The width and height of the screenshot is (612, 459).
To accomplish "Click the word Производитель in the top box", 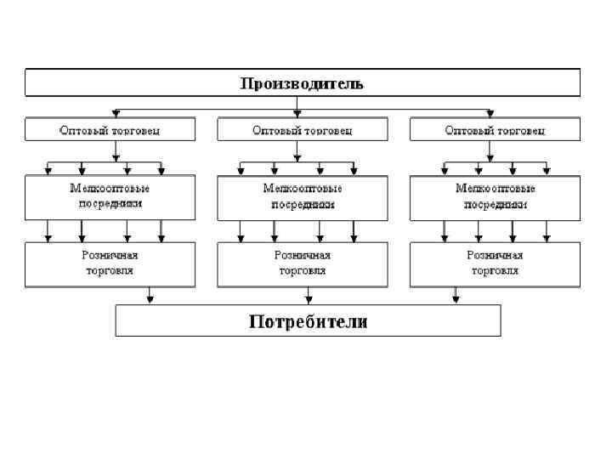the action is (x=302, y=83).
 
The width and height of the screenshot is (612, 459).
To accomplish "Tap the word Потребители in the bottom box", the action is (x=308, y=321).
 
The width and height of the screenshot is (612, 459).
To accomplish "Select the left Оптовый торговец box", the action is (x=110, y=130).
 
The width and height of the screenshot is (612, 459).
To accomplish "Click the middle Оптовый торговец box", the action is (x=303, y=130).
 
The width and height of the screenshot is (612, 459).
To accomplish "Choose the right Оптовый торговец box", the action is (x=495, y=130).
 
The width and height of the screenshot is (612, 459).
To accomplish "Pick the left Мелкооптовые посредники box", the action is (x=110, y=197).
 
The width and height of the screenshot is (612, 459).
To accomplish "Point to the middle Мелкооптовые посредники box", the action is (x=303, y=197).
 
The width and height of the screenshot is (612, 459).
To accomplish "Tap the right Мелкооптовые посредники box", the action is (x=495, y=197).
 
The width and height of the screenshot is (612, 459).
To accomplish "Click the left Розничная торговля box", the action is (x=110, y=263).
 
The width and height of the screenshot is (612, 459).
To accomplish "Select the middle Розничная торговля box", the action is (x=303, y=263).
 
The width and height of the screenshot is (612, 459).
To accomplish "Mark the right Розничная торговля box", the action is (x=495, y=263).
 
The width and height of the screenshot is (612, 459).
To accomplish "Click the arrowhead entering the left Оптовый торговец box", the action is (x=116, y=114).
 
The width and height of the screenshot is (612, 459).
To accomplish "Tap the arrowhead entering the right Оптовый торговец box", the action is (x=489, y=114).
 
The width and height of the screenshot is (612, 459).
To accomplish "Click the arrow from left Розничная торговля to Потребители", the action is (x=150, y=296).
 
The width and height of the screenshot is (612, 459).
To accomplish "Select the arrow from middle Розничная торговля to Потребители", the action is (x=308, y=296).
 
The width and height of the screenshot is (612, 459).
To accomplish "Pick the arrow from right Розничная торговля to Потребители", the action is (x=456, y=296).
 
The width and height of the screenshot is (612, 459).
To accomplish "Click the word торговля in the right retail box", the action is (x=495, y=271).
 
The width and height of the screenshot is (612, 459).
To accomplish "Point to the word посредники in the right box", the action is (x=495, y=205).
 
